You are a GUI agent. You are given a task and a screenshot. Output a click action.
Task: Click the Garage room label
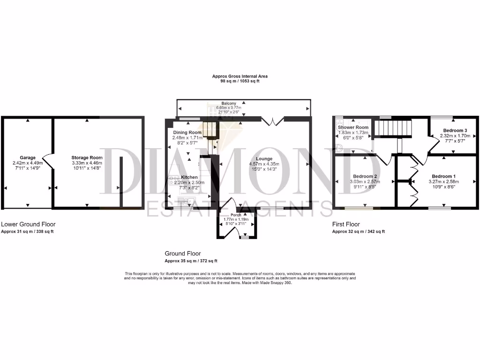coord(28,157)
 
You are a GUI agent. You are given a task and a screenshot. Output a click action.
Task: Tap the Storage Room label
coord(87,157)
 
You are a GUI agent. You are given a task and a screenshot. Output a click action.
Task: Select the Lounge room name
coord(264,158)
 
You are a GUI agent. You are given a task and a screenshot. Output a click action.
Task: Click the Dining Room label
coord(187,133)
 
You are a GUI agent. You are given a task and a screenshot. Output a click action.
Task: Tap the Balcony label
coord(229,103)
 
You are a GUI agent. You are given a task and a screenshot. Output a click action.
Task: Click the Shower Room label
coord(353,127)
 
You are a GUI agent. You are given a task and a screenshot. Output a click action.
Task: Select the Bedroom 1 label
coord(442,176)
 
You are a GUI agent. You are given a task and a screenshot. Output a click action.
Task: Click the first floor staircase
coord(394,127)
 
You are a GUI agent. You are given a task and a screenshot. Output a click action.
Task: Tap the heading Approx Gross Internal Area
coord(240,76)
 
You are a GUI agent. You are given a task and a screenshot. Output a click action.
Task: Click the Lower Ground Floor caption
coord(28,225)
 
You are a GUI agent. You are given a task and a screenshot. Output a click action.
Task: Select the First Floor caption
coord(346,225)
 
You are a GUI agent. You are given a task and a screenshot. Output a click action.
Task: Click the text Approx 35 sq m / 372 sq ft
coord(191,261)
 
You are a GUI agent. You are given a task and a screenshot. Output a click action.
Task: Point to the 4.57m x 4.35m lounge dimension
coord(264,164)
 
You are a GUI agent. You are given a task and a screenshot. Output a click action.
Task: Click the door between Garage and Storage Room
coord(47,162)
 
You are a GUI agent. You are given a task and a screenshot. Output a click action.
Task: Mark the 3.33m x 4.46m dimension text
coord(87,163)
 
